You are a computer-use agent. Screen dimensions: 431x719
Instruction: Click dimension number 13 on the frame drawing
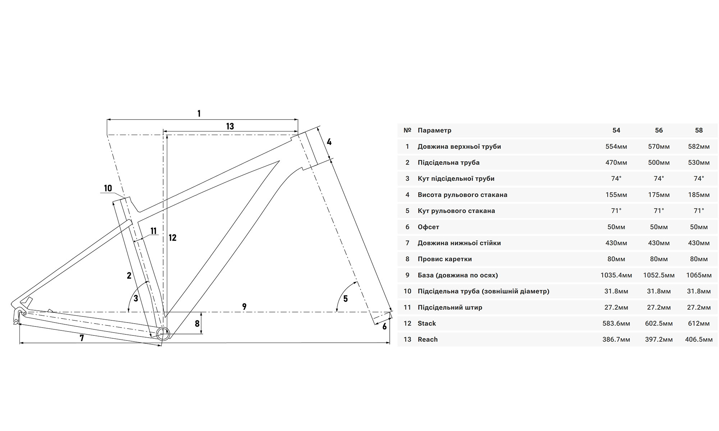pos(230,126)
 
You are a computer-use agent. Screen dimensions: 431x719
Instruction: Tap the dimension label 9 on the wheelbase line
pos(244,307)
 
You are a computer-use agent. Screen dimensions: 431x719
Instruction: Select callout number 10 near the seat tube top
pos(108,188)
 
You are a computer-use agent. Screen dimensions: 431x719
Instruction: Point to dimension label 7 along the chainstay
pos(82,338)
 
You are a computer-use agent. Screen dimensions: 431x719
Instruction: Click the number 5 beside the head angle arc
pos(345,299)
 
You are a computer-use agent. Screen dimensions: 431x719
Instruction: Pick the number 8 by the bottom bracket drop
pos(197,324)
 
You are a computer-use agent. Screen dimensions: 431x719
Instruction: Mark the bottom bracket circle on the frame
pos(163,334)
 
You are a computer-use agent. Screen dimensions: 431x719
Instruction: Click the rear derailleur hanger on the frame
pos(17,316)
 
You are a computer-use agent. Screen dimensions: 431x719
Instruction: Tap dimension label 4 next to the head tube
pos(329,142)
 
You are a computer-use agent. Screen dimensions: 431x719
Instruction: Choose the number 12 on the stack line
pos(173,238)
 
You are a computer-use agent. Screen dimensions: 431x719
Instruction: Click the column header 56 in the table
pos(659,130)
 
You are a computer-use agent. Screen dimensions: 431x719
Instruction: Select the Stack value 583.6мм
pos(616,324)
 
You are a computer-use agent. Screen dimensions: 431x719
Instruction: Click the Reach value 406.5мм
pos(699,340)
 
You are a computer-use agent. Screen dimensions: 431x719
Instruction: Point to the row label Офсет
pos(428,227)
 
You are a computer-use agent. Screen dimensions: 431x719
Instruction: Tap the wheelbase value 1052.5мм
pos(659,275)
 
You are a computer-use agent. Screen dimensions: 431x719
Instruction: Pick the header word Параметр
pos(434,130)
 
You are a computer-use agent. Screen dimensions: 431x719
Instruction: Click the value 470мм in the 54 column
pos(616,163)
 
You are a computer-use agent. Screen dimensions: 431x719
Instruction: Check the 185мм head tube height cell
pos(699,195)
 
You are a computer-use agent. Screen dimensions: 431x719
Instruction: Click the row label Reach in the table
pos(427,340)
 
